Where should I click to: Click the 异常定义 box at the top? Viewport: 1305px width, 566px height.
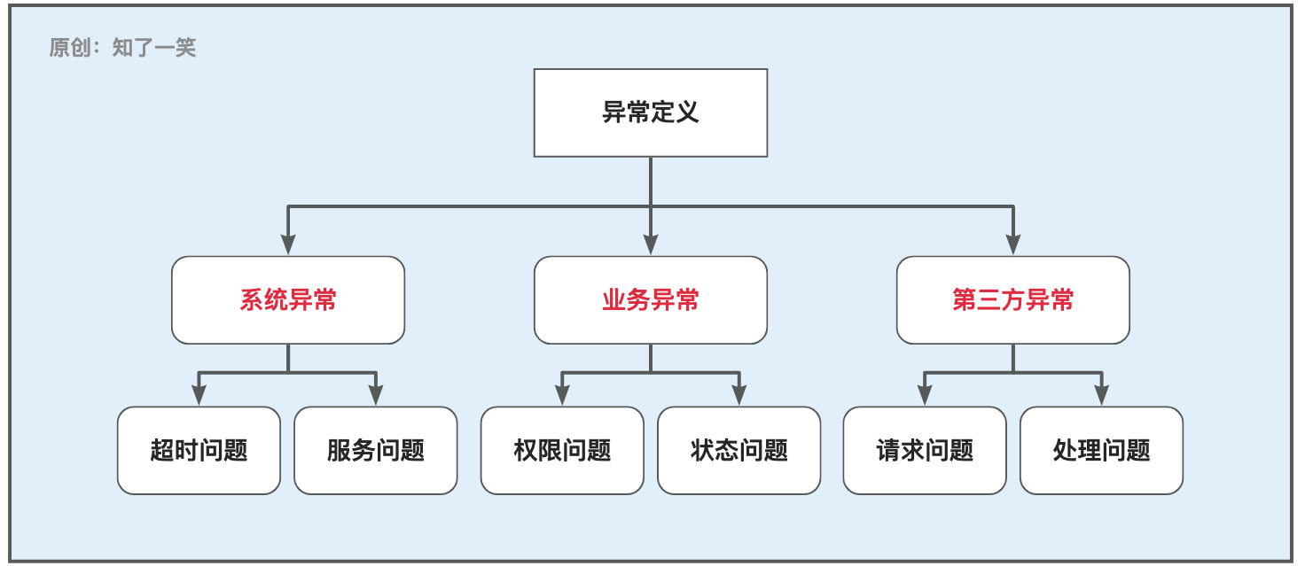click(x=650, y=112)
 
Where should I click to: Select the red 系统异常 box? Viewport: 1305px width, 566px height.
click(x=288, y=300)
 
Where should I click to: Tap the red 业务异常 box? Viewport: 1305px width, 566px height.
click(x=650, y=300)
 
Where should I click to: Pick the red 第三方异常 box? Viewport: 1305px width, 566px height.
click(x=1012, y=300)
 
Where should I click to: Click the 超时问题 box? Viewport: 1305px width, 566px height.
click(x=199, y=450)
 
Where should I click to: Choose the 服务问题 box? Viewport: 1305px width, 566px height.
click(x=376, y=450)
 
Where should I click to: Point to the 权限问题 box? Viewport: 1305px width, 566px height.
click(x=562, y=450)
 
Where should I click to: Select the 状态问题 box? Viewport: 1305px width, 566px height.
click(x=738, y=450)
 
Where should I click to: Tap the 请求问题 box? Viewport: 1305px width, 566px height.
click(x=925, y=450)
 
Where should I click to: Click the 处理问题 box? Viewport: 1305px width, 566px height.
click(x=1101, y=450)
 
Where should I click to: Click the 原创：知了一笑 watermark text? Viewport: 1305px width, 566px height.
click(x=122, y=48)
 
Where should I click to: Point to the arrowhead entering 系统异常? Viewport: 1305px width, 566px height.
click(x=288, y=244)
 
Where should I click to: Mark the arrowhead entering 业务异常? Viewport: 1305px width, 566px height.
click(x=650, y=244)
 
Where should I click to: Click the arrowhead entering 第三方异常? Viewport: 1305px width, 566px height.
click(x=1013, y=244)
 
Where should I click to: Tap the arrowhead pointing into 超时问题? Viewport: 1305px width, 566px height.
click(x=199, y=395)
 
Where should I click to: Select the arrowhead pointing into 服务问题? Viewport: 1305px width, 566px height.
click(x=376, y=395)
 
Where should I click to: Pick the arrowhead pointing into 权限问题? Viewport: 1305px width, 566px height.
click(x=562, y=395)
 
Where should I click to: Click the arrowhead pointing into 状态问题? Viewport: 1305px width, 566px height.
click(x=738, y=395)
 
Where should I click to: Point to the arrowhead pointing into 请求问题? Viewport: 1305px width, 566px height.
click(x=925, y=395)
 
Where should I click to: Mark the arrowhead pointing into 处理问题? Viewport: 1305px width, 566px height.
click(x=1101, y=395)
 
